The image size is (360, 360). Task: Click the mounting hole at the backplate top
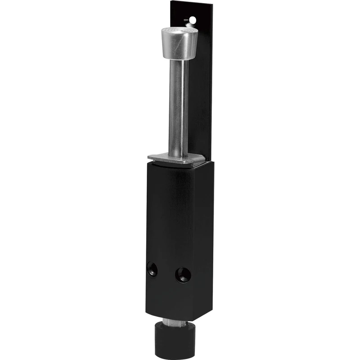(x=193, y=20)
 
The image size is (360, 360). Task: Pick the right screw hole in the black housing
(x=183, y=273)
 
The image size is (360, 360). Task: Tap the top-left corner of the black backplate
(x=171, y=2)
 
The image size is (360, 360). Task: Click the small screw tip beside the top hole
(x=186, y=20)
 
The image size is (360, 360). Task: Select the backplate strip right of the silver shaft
(x=200, y=99)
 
